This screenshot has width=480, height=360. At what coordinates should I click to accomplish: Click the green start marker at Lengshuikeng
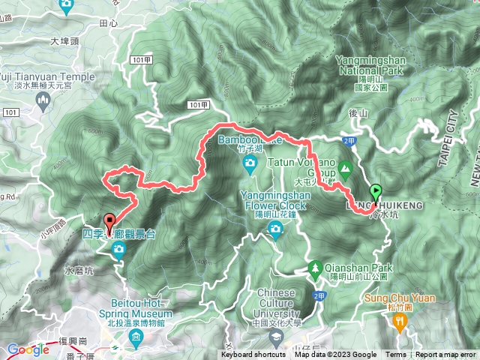pyautogui.click(x=375, y=192)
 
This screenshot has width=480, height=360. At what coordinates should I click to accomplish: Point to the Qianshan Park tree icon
pyautogui.click(x=316, y=267)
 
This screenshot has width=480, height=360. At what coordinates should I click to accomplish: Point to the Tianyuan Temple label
pyautogui.click(x=48, y=76)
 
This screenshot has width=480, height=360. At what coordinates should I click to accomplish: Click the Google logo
pyautogui.click(x=28, y=349)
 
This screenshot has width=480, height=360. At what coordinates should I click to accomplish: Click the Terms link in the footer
pyautogui.click(x=396, y=355)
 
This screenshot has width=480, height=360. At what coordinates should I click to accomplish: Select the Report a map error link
pyautogui.click(x=446, y=355)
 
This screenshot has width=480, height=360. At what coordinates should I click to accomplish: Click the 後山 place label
pyautogui.click(x=360, y=112)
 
